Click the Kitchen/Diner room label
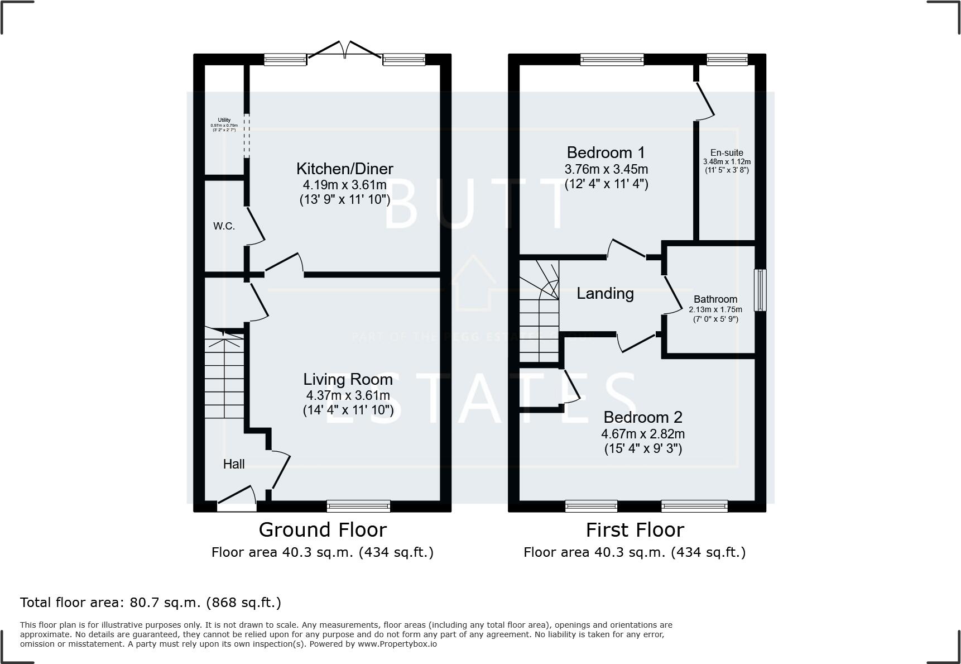pos(344,169)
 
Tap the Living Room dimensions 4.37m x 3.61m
pos(348,395)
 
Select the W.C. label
pos(224,226)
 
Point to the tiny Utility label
pos(224,120)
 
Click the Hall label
pos(234,464)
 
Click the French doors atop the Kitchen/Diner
pos(345,51)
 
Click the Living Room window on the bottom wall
pos(358,506)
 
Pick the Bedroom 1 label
pos(606,152)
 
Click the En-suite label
pos(727,152)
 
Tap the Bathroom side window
pos(760,290)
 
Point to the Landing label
pos(605,293)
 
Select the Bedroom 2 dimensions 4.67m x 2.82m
pos(643,433)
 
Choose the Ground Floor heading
pos(323,529)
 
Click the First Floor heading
pos(635,529)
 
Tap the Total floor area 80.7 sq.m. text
pos(151,603)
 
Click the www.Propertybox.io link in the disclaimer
pos(397,644)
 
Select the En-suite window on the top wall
pos(727,59)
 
